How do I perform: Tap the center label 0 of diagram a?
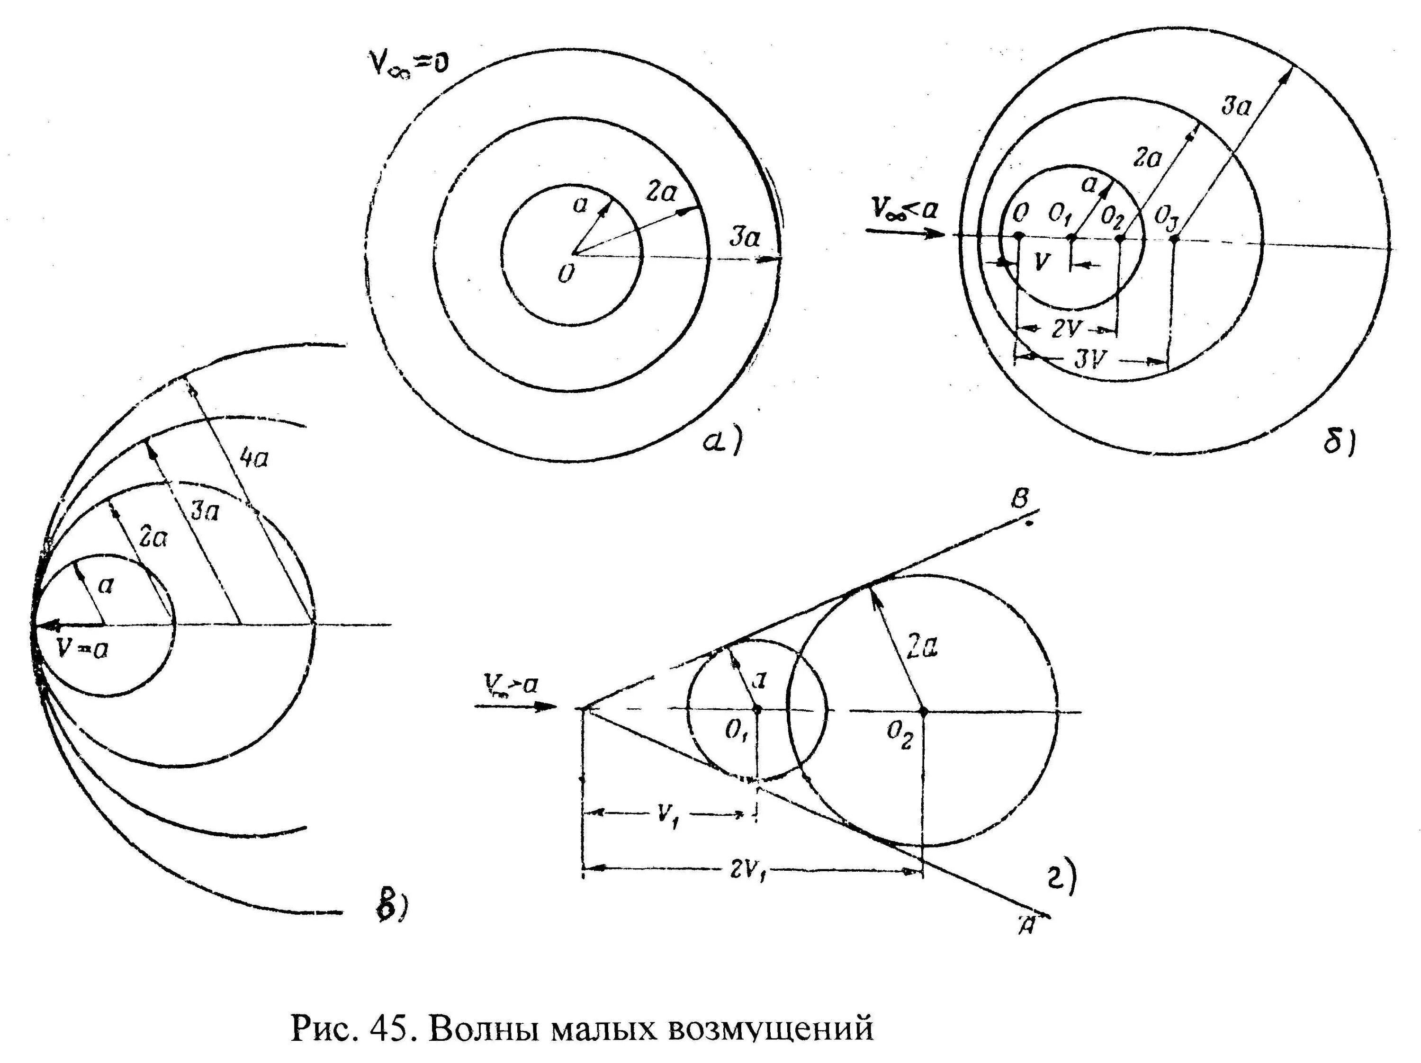565,275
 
